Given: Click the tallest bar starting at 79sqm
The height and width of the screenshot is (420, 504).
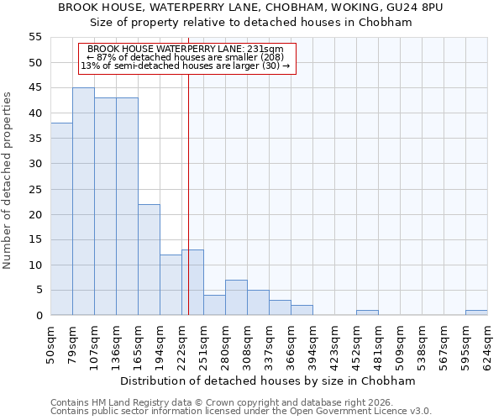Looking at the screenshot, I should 83,202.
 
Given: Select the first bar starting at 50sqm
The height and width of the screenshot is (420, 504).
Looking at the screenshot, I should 61,219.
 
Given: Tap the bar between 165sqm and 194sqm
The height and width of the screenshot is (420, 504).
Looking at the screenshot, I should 149,260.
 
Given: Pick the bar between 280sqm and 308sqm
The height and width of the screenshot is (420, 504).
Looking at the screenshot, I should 236,298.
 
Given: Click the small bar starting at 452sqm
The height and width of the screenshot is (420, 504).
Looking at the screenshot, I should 367,313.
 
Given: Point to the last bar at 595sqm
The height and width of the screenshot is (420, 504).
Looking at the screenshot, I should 476,313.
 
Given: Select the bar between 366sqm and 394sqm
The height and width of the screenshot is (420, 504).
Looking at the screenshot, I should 302,311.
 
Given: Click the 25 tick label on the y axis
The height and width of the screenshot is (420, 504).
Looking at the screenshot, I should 34,189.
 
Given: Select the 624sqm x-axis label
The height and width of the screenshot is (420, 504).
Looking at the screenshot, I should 487,343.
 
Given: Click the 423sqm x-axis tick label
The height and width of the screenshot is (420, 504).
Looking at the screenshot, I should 334,343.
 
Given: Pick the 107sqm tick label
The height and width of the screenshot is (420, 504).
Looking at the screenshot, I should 94,343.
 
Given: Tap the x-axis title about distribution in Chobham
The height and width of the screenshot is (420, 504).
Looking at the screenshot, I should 268,381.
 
